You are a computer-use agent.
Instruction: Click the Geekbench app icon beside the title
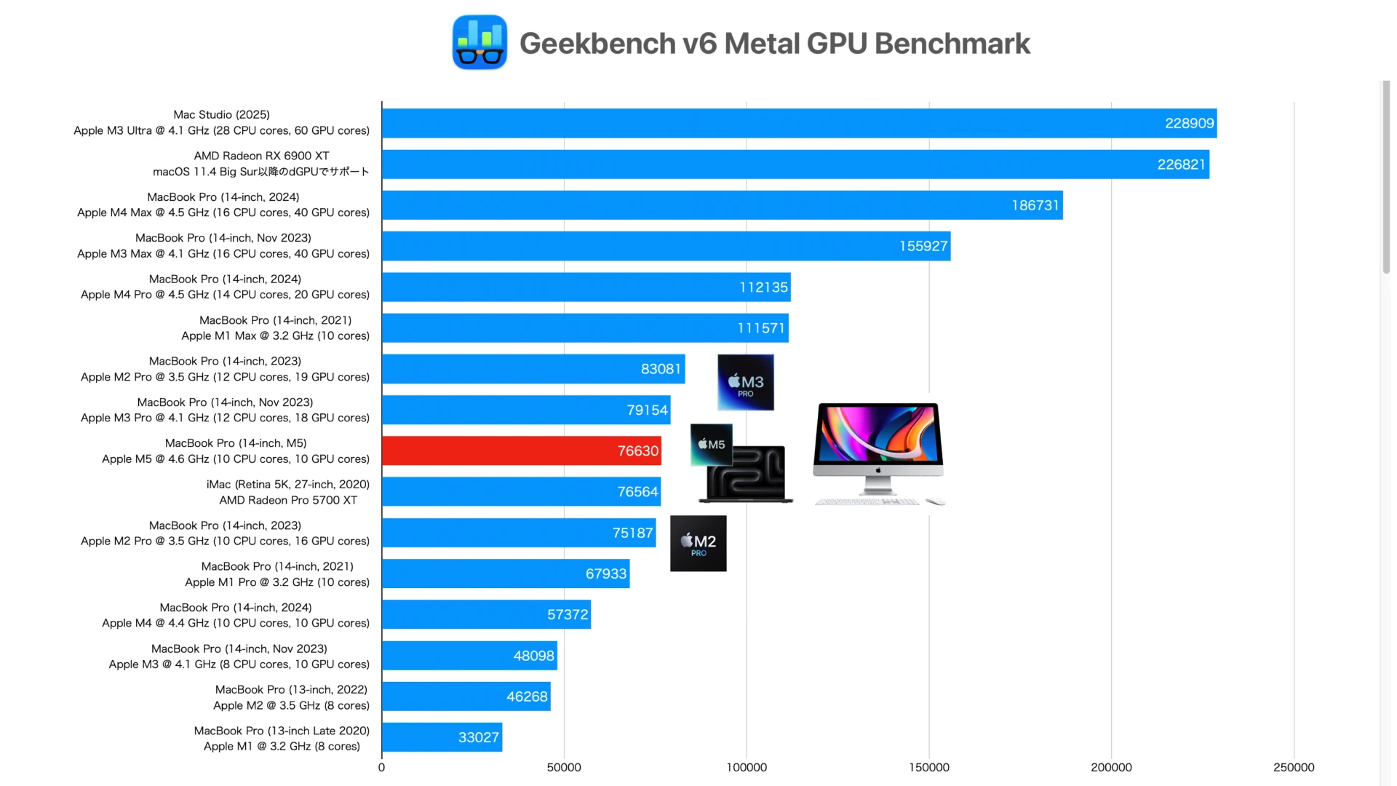point(479,42)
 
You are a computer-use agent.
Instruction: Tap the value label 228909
point(1189,123)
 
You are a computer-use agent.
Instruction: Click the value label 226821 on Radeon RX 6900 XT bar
point(1181,164)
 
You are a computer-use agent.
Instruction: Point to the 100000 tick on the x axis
point(747,767)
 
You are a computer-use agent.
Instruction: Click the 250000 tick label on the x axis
point(1293,767)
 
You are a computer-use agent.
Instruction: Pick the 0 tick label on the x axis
point(381,767)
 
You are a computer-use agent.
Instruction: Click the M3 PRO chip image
point(745,382)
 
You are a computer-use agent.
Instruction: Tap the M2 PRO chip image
point(698,543)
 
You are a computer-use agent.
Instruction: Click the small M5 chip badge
point(711,444)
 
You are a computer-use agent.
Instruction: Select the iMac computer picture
point(878,453)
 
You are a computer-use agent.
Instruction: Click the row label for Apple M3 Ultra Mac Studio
point(221,122)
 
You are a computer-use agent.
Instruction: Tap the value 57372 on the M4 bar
point(568,614)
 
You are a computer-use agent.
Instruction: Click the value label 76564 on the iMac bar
point(637,492)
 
